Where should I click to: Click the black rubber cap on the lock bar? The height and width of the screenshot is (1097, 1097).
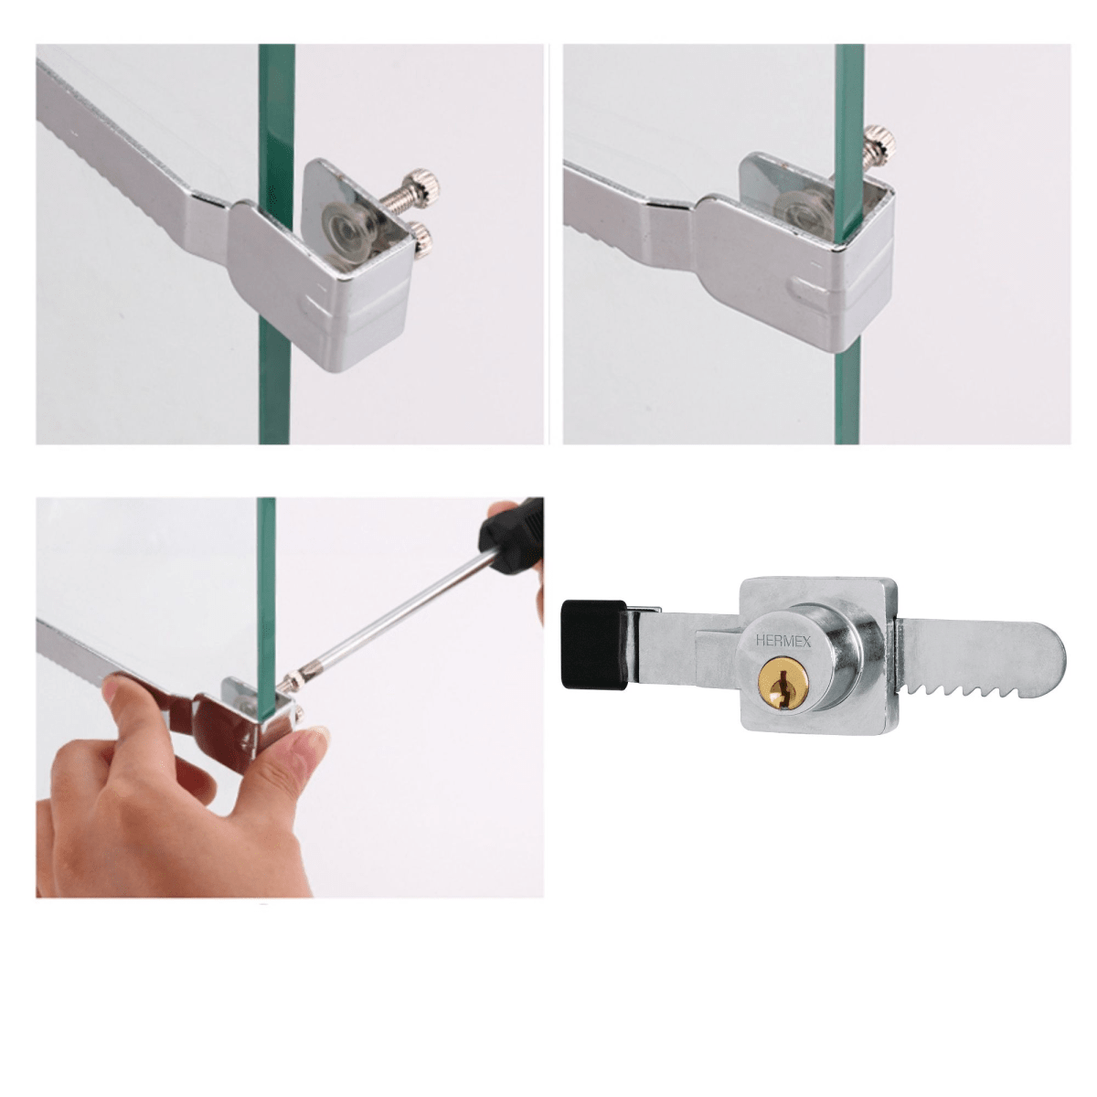593,644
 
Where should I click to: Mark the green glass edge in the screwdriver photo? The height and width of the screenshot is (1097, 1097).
265,585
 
